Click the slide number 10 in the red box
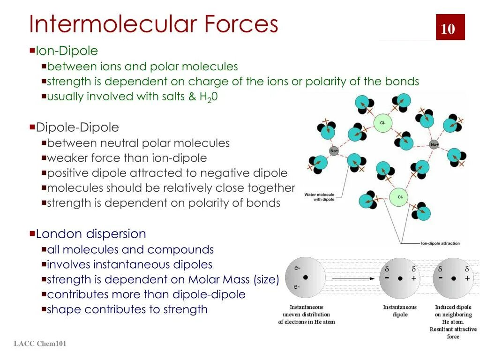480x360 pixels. (x=448, y=29)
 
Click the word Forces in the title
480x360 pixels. (x=241, y=24)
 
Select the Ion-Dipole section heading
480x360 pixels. (x=67, y=51)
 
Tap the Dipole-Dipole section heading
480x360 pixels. (x=77, y=127)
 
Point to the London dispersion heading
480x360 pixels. (x=91, y=233)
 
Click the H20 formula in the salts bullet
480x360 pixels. (x=209, y=97)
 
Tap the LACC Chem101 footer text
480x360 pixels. (x=40, y=344)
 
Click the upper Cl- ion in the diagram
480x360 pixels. (x=382, y=123)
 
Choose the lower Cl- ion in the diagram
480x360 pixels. (x=400, y=197)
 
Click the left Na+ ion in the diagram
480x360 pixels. (x=334, y=150)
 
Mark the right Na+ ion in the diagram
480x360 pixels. (x=435, y=144)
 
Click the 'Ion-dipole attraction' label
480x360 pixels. (x=440, y=243)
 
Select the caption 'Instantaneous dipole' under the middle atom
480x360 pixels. (x=400, y=311)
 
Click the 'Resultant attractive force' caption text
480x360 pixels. (x=453, y=333)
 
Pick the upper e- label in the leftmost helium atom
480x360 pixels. (x=297, y=268)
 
